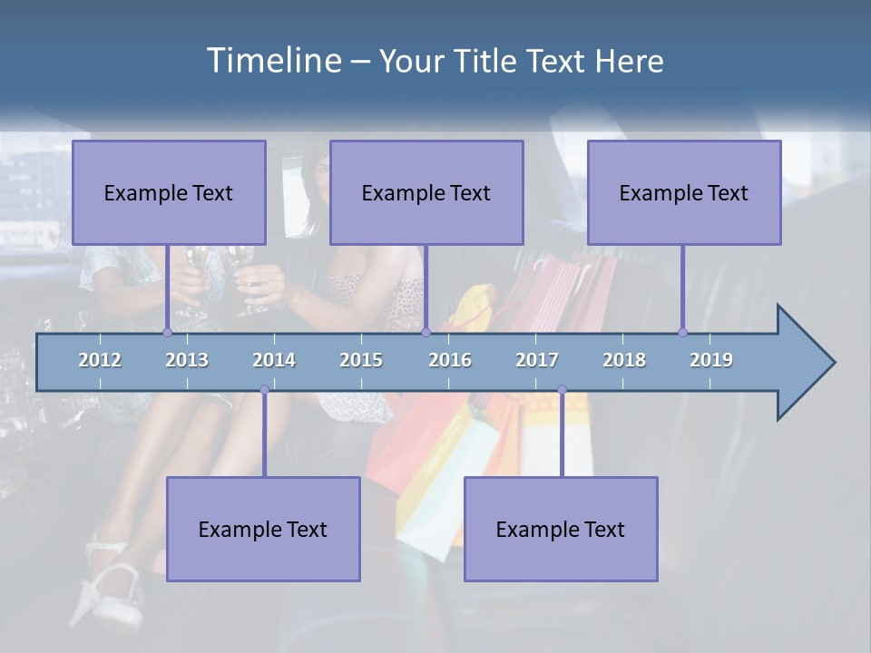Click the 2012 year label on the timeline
click(100, 360)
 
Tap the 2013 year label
click(187, 360)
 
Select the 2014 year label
click(274, 360)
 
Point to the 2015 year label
click(361, 360)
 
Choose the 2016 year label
click(450, 360)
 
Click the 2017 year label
click(537, 360)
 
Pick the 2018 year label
click(624, 360)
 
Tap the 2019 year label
click(711, 360)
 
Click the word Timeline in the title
click(272, 61)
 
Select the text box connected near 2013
click(169, 192)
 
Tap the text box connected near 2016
click(426, 192)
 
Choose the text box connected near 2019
click(684, 192)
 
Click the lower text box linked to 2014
click(263, 529)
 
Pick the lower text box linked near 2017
click(561, 529)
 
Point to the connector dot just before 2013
click(168, 332)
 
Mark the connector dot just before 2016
click(426, 332)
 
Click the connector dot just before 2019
click(682, 332)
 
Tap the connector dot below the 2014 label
click(264, 390)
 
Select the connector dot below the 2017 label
click(562, 390)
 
